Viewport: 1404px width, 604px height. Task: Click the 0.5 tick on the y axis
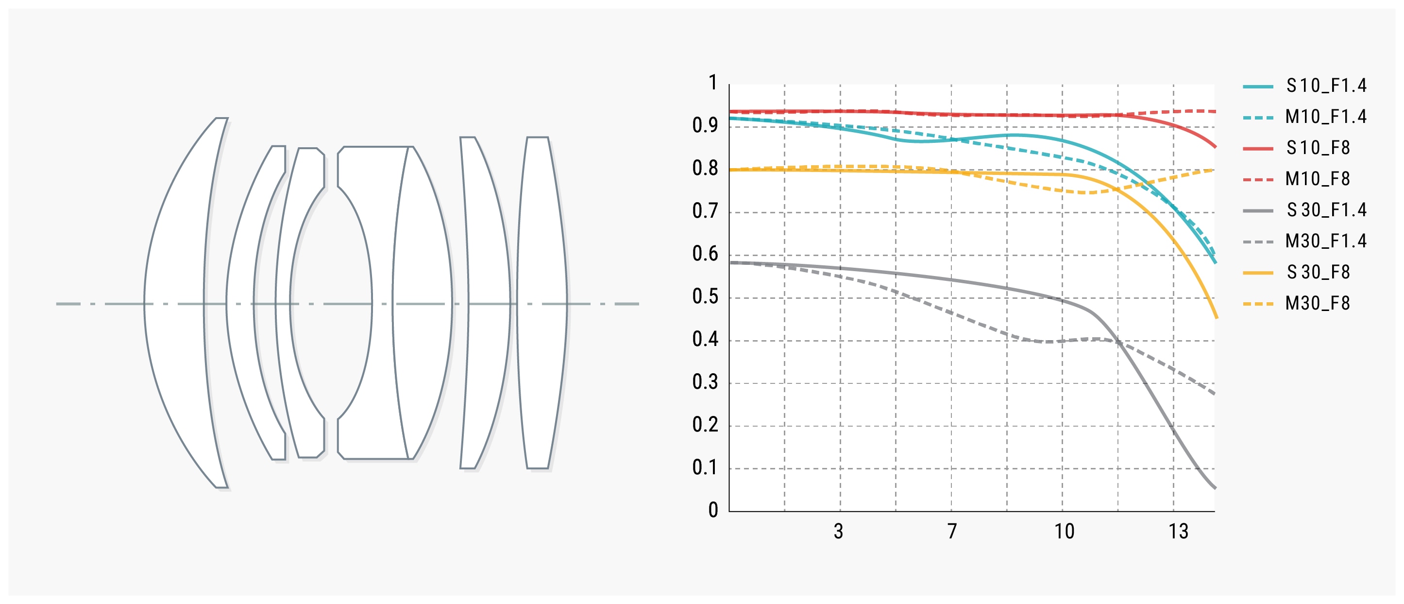coord(705,296)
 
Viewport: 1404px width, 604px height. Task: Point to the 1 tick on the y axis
coord(712,83)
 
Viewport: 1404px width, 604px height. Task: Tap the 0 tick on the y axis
coord(713,510)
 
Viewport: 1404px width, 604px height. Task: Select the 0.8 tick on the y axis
coord(705,169)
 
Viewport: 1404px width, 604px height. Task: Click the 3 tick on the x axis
coord(839,531)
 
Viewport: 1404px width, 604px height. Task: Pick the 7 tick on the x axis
coord(952,531)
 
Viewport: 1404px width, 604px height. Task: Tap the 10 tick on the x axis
coord(1064,531)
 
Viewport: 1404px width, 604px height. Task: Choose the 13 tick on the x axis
coord(1178,531)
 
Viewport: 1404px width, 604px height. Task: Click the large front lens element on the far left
coord(180,303)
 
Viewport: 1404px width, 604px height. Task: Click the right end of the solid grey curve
coord(1215,488)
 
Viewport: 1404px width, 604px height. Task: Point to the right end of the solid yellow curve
coord(1217,317)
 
